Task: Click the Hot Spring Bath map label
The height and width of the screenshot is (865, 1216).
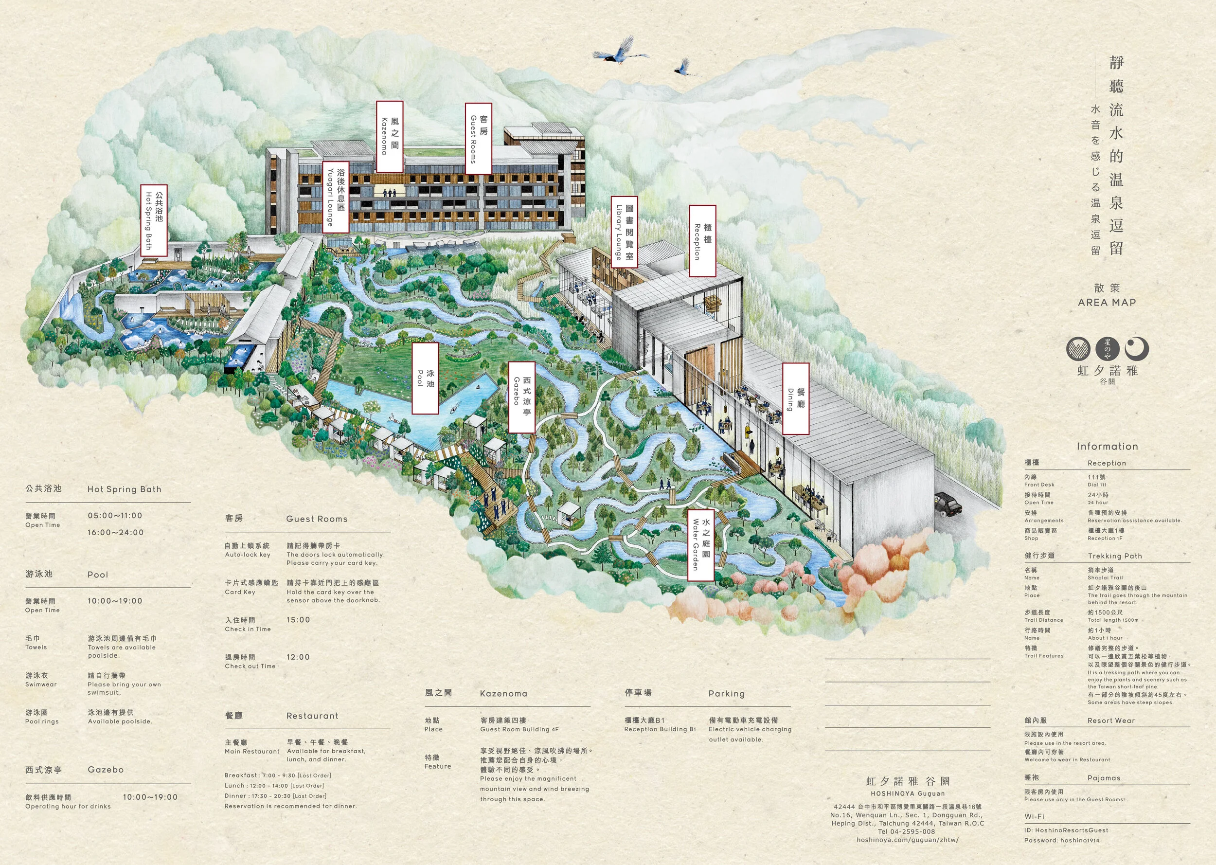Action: coord(154,220)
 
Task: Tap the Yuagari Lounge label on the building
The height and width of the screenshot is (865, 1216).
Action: coord(336,197)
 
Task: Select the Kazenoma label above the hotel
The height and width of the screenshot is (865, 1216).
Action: coord(389,136)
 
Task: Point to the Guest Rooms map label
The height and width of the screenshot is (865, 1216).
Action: coord(478,138)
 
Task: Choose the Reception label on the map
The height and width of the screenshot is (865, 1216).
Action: coord(702,241)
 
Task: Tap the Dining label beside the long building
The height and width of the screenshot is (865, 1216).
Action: coord(795,398)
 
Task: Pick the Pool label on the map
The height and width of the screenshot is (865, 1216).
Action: coord(426,378)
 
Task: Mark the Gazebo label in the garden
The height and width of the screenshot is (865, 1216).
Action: coord(521,397)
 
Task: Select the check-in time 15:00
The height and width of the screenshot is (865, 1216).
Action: coord(298,620)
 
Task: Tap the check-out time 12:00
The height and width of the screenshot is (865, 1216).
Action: coord(298,657)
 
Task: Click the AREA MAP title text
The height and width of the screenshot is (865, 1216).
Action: coord(1107,303)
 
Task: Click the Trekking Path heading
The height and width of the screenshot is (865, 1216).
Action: coord(1115,556)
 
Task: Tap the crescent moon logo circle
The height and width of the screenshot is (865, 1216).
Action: coord(1137,349)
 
